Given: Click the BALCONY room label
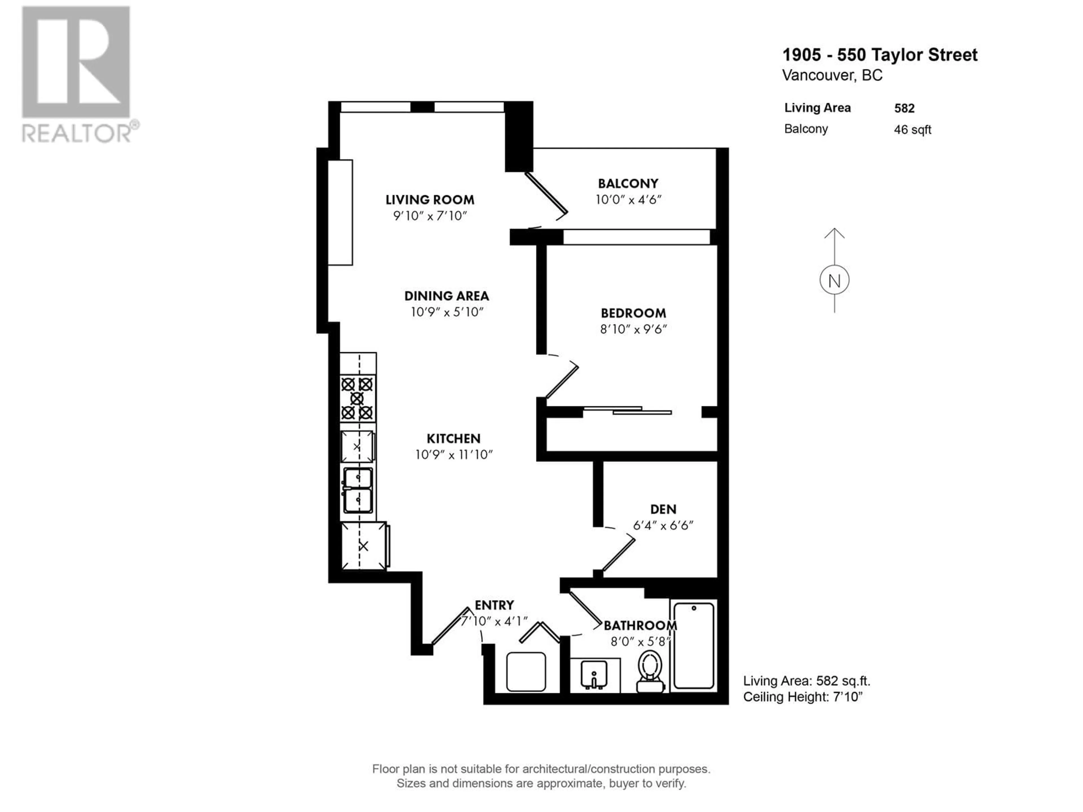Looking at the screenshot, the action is [x=628, y=184].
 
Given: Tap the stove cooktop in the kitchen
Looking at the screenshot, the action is [x=357, y=398].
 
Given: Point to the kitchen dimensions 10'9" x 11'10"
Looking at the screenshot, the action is [x=454, y=455].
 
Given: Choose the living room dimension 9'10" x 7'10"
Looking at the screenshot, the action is [x=430, y=216].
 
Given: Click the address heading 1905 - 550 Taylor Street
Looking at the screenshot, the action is [x=880, y=55].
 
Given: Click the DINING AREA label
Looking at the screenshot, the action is [x=446, y=296].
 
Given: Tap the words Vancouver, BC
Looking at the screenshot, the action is [x=832, y=75].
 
